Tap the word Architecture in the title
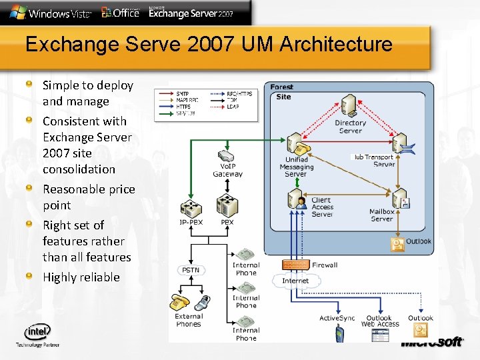[x=336, y=45]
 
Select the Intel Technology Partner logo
[x=37, y=335]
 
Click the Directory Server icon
[x=347, y=105]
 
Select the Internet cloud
[x=295, y=281]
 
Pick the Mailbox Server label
[x=382, y=215]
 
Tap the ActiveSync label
[x=337, y=318]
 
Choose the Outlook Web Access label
[x=380, y=321]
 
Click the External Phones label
[x=189, y=320]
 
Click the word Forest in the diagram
[x=281, y=87]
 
